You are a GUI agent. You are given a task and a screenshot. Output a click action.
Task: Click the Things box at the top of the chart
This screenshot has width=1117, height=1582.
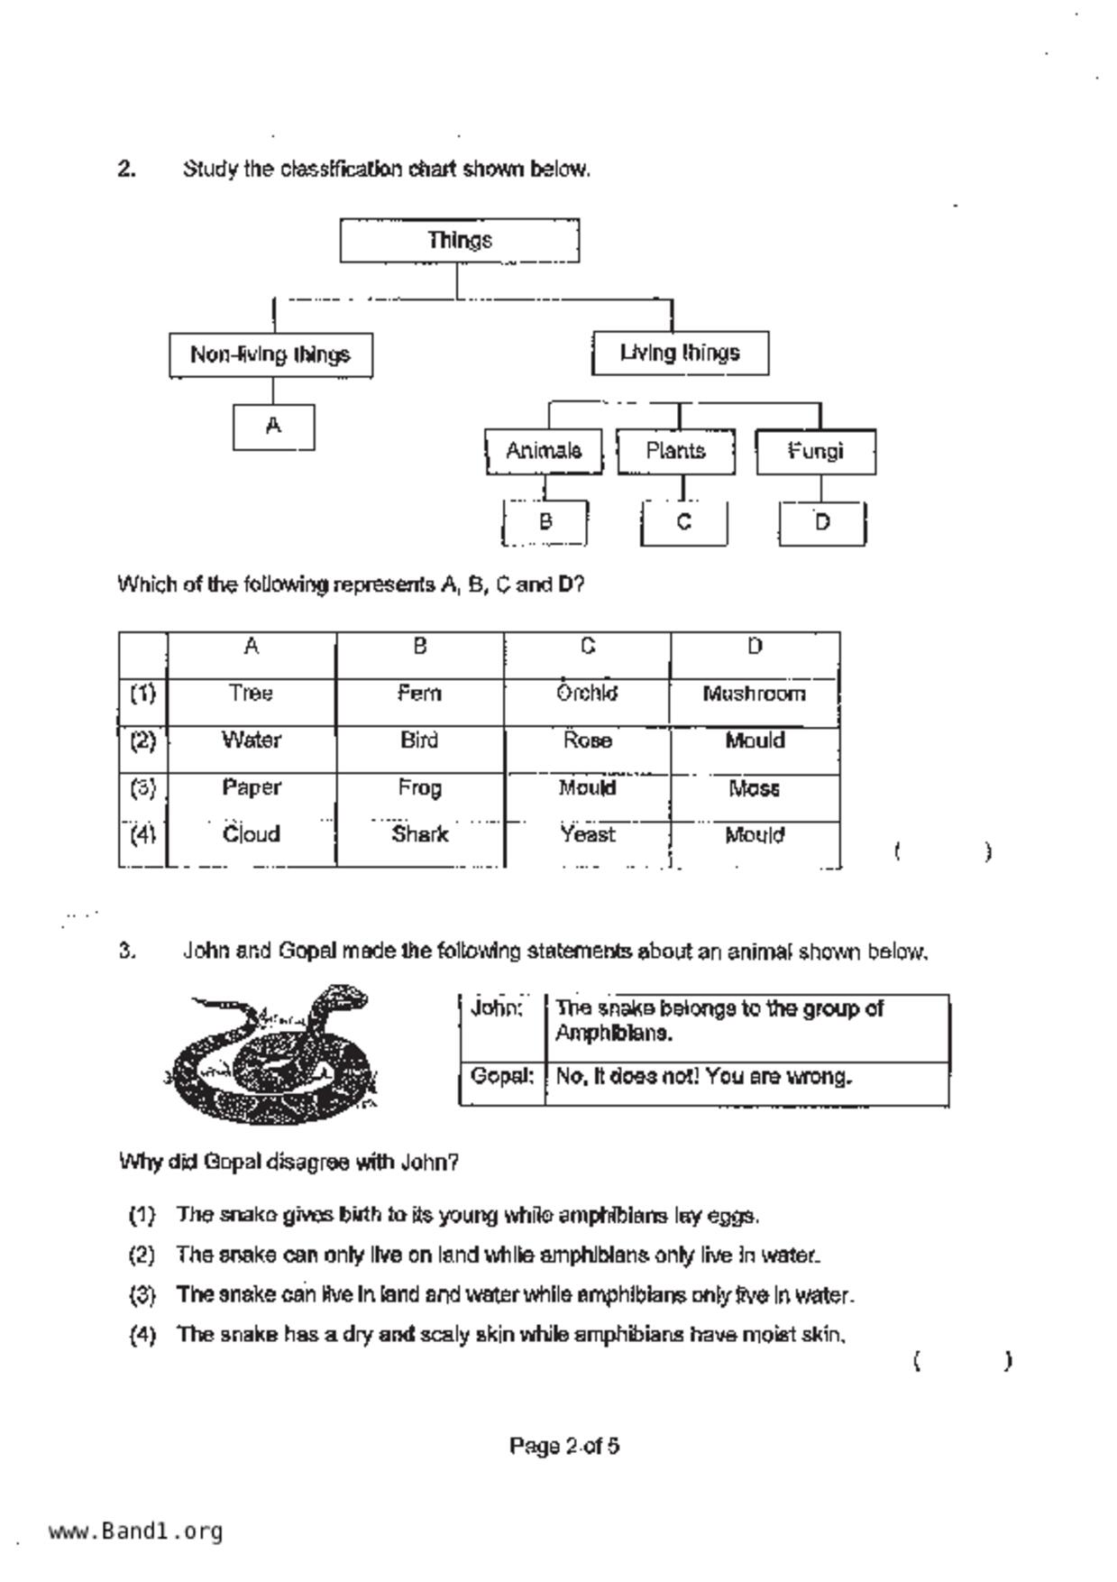click(x=459, y=241)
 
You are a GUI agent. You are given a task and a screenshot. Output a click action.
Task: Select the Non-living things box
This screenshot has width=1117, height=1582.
click(x=270, y=354)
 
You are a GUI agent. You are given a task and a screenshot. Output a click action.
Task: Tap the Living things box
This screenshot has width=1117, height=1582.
click(x=680, y=353)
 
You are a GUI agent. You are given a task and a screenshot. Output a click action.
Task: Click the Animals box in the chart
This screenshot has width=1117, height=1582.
click(x=544, y=451)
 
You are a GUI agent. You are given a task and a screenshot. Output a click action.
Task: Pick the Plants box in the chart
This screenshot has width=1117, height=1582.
click(x=675, y=451)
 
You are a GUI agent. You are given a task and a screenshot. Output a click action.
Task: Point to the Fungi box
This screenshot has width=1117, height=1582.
click(x=815, y=451)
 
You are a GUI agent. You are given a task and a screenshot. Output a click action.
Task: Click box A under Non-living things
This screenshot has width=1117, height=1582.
click(x=273, y=427)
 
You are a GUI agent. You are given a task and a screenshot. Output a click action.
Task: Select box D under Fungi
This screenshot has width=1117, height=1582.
click(x=821, y=523)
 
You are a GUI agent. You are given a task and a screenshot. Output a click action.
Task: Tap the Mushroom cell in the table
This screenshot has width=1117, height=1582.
click(x=754, y=694)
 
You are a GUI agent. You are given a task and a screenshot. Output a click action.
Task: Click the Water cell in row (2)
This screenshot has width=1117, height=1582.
click(x=252, y=740)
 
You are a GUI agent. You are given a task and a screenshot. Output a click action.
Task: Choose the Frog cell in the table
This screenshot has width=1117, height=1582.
click(x=419, y=787)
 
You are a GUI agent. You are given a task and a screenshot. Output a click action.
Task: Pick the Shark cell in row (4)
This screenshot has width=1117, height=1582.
click(x=419, y=834)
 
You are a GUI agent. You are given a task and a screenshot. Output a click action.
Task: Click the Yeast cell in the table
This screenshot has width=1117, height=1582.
click(x=587, y=834)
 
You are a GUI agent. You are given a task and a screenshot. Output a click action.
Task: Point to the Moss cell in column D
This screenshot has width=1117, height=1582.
click(x=754, y=788)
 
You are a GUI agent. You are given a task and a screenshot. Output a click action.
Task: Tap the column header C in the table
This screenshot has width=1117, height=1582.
click(x=587, y=646)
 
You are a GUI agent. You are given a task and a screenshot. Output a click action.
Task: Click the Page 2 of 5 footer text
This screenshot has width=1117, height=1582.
click(x=563, y=1447)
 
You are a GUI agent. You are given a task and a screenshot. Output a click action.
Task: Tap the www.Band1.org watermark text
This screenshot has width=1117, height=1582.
click(x=135, y=1531)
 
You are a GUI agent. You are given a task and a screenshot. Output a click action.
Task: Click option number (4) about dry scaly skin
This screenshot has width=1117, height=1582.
click(x=142, y=1335)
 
